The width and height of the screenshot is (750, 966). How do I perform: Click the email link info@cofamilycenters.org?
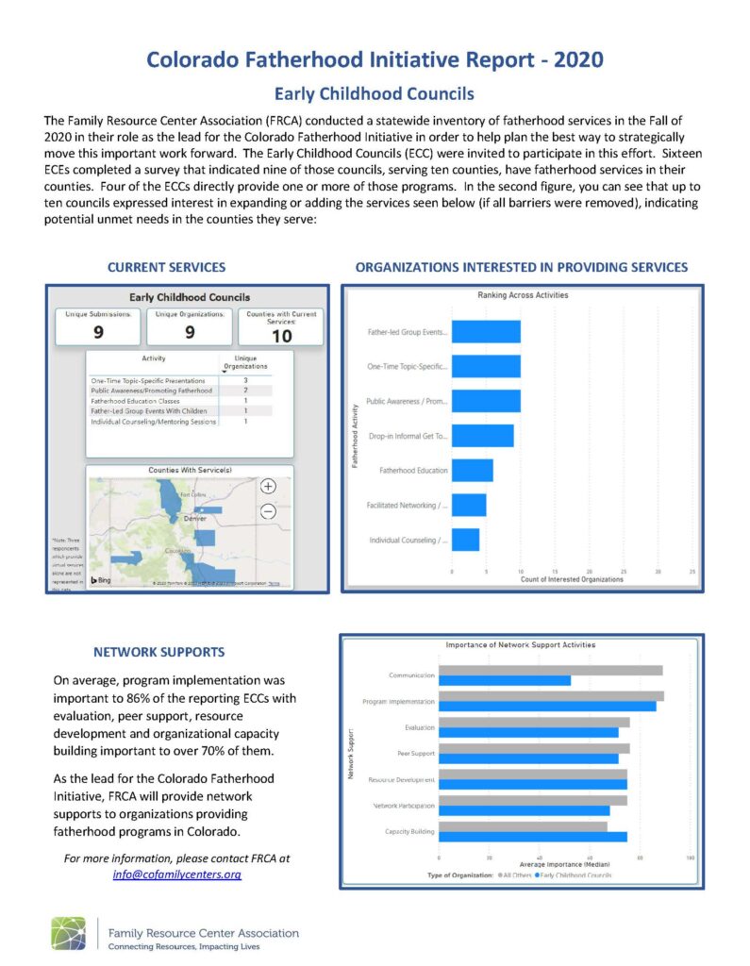click(176, 874)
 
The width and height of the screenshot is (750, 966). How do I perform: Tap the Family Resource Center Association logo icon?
click(68, 933)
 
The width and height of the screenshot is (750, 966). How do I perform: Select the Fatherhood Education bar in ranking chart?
click(473, 470)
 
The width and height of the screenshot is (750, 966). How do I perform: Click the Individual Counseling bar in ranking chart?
click(465, 540)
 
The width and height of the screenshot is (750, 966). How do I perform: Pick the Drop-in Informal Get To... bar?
click(483, 436)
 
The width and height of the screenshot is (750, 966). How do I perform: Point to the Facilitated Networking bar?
click(469, 506)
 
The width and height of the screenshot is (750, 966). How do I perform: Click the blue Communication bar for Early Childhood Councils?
click(505, 680)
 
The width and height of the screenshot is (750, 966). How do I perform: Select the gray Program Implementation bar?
click(551, 696)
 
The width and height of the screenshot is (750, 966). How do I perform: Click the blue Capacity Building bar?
click(533, 836)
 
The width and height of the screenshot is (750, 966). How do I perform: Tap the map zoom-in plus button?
click(268, 486)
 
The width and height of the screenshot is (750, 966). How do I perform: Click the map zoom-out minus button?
click(268, 511)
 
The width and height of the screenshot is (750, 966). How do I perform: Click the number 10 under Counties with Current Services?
click(281, 336)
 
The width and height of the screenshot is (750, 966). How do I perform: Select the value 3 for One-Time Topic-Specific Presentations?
click(245, 379)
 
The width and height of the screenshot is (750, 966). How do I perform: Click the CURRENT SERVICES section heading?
click(166, 267)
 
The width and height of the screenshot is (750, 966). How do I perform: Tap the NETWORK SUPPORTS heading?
click(159, 651)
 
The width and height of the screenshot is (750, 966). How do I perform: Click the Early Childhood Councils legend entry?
click(573, 875)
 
